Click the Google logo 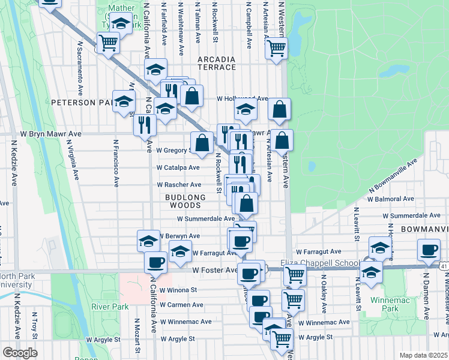tap(19, 353)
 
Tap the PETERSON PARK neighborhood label tap(81, 103)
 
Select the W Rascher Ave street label tap(179, 185)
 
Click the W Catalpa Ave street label tap(179, 168)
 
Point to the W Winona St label tap(178, 289)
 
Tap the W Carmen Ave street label tap(181, 305)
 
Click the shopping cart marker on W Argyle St tap(282, 338)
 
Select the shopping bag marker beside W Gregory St tap(202, 143)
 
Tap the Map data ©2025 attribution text tap(423, 355)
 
